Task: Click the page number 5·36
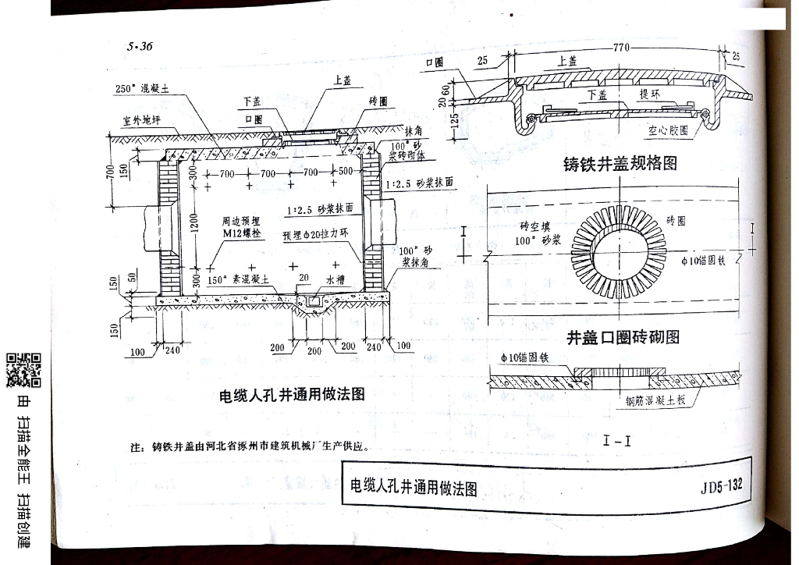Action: [140, 47]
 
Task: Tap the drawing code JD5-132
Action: [721, 487]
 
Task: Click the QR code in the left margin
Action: [24, 370]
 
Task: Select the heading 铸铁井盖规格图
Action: [620, 165]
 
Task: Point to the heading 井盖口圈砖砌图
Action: [623, 337]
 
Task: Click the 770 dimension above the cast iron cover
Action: [621, 48]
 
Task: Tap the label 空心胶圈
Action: [668, 132]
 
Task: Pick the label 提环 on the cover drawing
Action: [651, 94]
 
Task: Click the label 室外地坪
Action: [141, 121]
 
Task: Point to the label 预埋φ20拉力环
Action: [315, 235]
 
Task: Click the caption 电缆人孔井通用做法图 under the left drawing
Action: [292, 395]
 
